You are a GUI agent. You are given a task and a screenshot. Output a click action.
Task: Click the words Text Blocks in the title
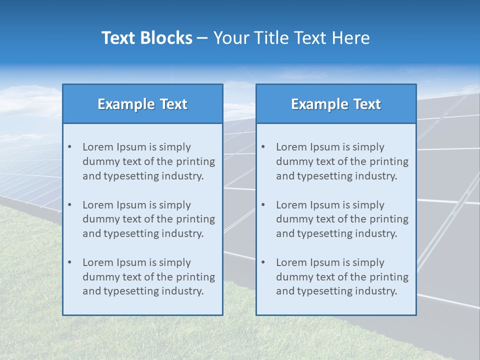(147, 38)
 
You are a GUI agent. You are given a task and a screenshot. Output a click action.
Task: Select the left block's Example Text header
(142, 104)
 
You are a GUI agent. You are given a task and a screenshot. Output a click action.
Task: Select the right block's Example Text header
(336, 104)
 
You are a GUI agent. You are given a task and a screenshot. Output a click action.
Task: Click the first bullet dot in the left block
(69, 147)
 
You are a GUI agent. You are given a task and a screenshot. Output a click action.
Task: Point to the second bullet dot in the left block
(69, 205)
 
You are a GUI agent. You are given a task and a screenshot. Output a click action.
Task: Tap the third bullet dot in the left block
(69, 262)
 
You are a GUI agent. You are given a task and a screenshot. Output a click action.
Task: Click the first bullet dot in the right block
(263, 147)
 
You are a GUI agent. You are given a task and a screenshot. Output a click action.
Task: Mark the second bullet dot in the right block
(263, 205)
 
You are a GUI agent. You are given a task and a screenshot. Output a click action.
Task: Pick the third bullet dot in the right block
(263, 262)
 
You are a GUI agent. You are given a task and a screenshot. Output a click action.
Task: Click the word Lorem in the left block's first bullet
(98, 147)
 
